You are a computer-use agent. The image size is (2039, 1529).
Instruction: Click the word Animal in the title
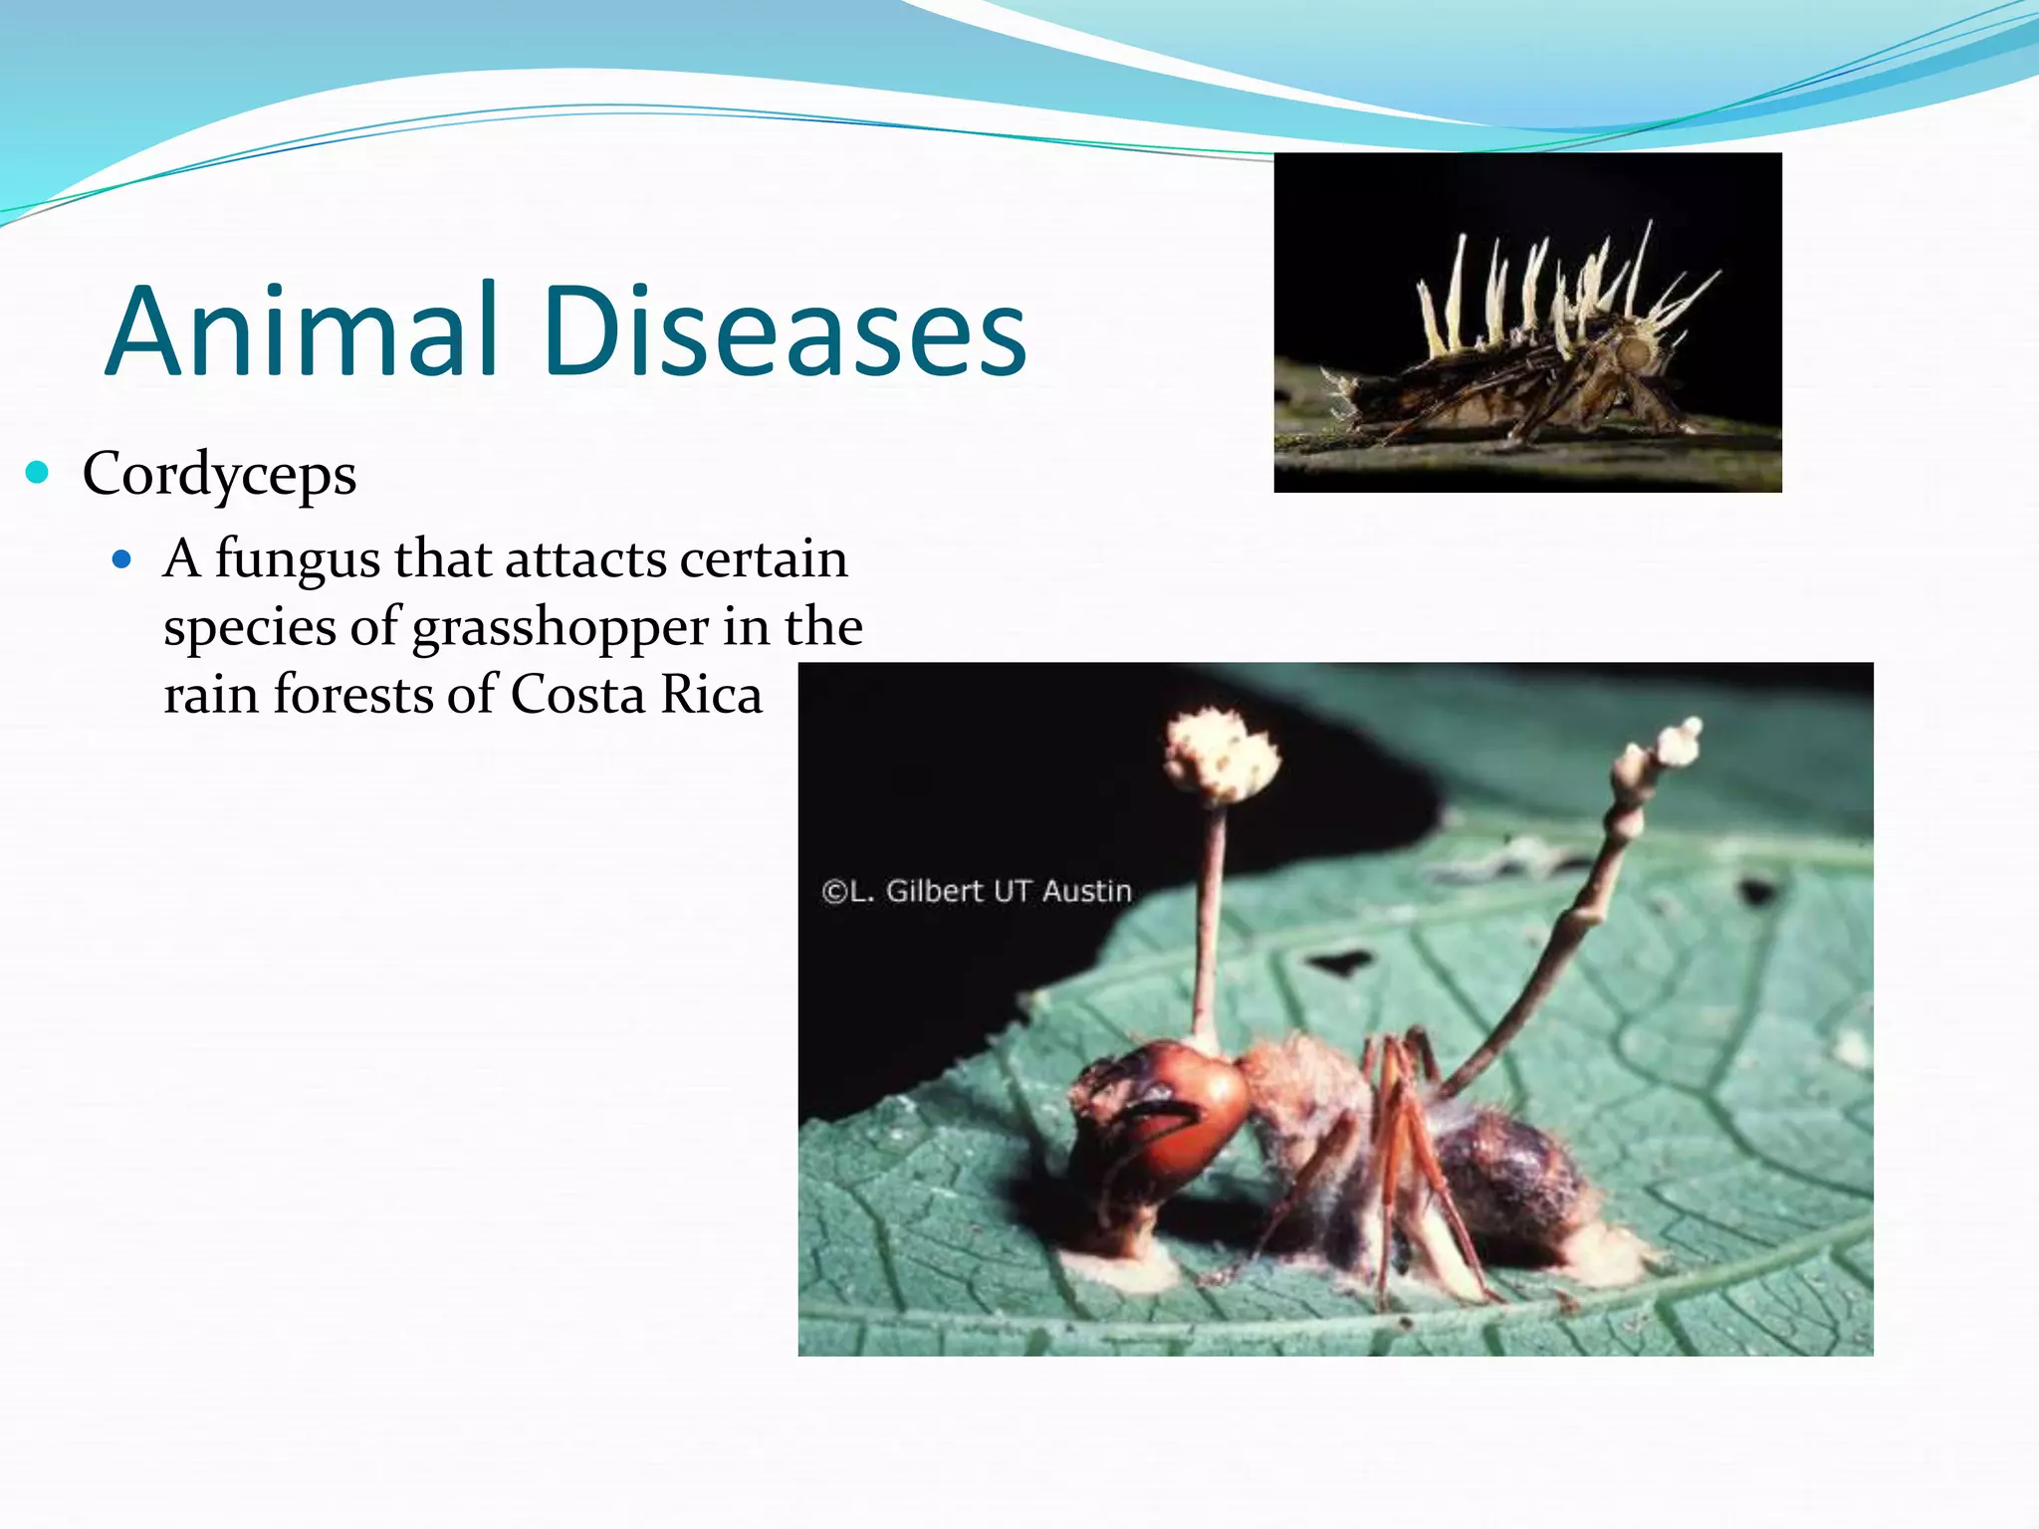tap(301, 331)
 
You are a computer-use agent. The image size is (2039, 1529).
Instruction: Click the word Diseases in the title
tap(784, 331)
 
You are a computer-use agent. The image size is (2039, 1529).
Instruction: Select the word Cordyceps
tap(219, 475)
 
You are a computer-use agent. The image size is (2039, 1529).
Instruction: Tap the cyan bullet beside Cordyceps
tap(38, 472)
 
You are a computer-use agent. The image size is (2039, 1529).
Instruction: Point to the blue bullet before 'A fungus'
tap(121, 559)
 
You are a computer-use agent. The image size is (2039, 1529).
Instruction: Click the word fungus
tap(297, 559)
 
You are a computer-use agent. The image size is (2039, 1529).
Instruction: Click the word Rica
tap(711, 695)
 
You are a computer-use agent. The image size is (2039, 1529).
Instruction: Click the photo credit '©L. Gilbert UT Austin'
tap(976, 891)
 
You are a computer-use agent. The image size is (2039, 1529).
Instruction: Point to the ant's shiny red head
tap(1190, 1105)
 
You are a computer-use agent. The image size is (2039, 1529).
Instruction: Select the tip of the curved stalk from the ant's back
tap(1683, 737)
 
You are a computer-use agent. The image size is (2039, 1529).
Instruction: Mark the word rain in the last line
tap(210, 695)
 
